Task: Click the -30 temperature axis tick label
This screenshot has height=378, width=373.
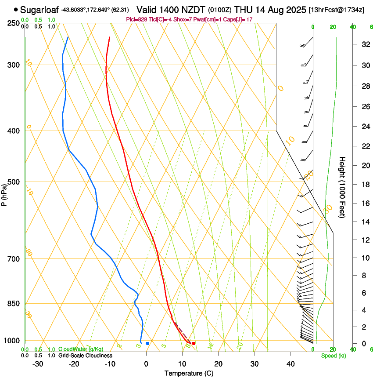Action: [38, 364]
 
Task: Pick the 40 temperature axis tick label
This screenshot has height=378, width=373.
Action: [291, 364]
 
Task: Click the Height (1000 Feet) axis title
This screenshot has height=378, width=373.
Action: [343, 187]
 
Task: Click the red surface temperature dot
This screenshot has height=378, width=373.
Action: [194, 343]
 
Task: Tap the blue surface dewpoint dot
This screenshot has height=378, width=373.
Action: [147, 343]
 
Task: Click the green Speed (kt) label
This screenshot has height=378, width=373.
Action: [333, 356]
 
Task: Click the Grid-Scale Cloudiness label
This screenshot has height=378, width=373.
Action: [85, 356]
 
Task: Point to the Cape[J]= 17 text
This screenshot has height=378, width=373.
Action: [237, 19]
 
